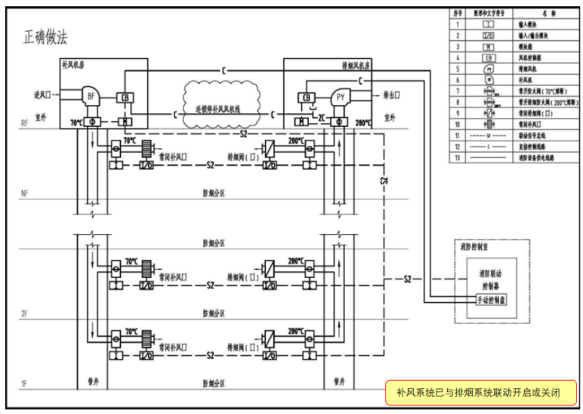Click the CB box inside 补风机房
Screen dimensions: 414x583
125,97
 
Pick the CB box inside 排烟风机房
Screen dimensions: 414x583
307,97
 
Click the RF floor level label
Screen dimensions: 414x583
25,122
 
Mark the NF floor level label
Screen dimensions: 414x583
25,194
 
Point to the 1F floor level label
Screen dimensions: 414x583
25,384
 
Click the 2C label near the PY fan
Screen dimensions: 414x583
322,118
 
